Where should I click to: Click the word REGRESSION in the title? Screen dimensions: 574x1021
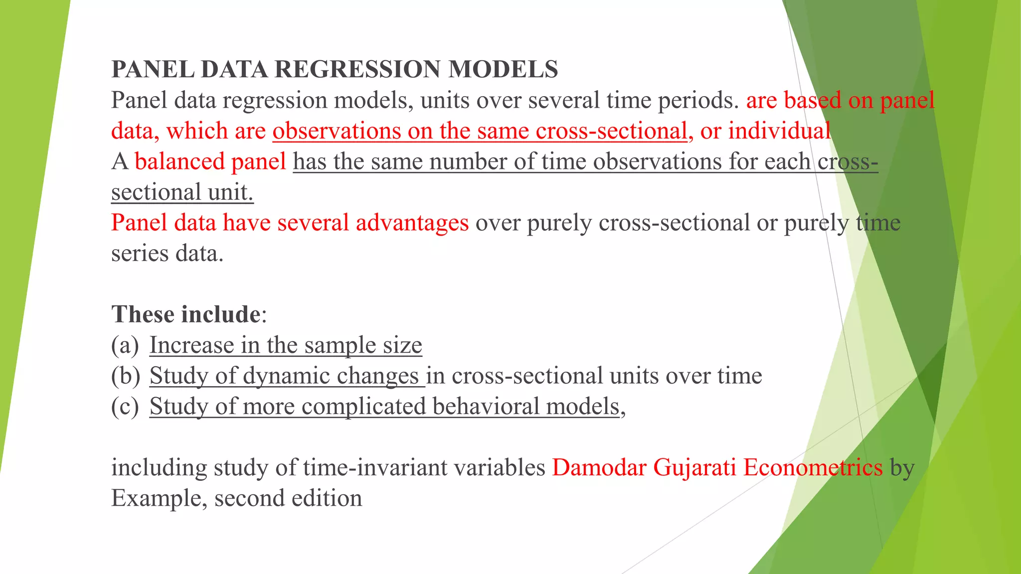357,69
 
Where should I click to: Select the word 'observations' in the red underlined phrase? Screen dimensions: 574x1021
337,131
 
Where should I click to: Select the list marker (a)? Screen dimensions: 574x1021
125,345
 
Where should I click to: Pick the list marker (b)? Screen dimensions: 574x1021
125,376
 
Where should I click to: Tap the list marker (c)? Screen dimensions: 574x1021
125,407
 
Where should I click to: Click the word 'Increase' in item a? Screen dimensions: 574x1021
191,345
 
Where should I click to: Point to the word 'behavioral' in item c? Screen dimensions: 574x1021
486,407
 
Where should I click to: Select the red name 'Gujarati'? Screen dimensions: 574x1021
694,468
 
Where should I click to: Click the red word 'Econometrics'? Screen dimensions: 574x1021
813,468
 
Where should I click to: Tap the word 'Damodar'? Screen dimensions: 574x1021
599,468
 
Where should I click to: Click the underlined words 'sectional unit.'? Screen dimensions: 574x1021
182,192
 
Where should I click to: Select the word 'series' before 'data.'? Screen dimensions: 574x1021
140,254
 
